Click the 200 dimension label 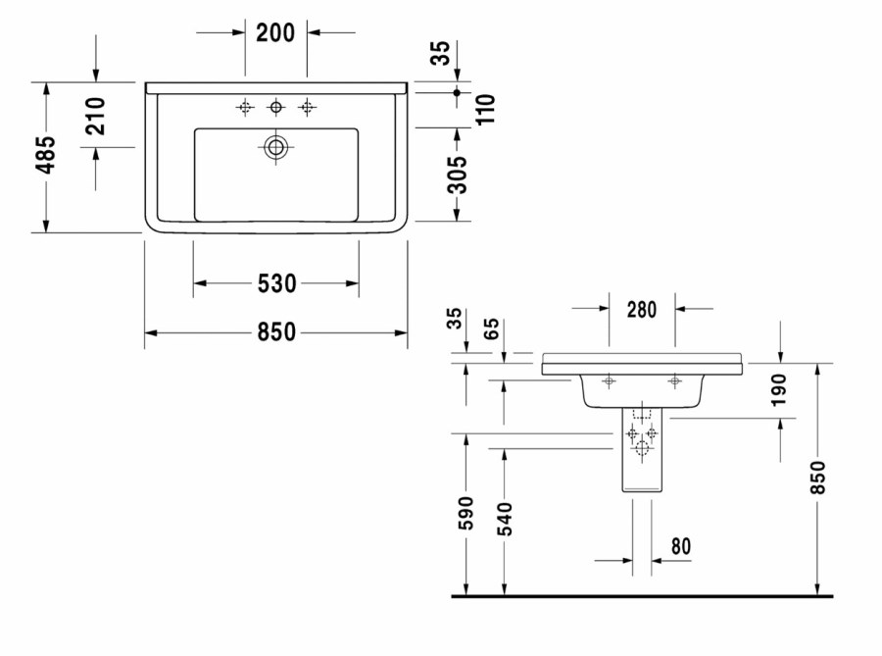pos(275,32)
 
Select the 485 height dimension pos(47,154)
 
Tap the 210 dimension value pos(96,116)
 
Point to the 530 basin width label pos(276,283)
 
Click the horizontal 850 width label pos(276,332)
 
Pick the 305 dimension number pos(458,175)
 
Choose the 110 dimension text pos(485,109)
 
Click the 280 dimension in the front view pos(642,310)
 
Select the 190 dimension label pos(778,390)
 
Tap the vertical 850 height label pos(818,478)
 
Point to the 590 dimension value pos(466,513)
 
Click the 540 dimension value pos(505,519)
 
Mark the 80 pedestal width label pos(681,546)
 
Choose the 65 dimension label pos(491,328)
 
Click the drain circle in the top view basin pos(275,147)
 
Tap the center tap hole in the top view pos(275,106)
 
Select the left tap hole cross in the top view pos(245,107)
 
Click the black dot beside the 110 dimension pos(457,92)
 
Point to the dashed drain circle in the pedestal pos(642,448)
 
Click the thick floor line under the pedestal pos(642,596)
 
